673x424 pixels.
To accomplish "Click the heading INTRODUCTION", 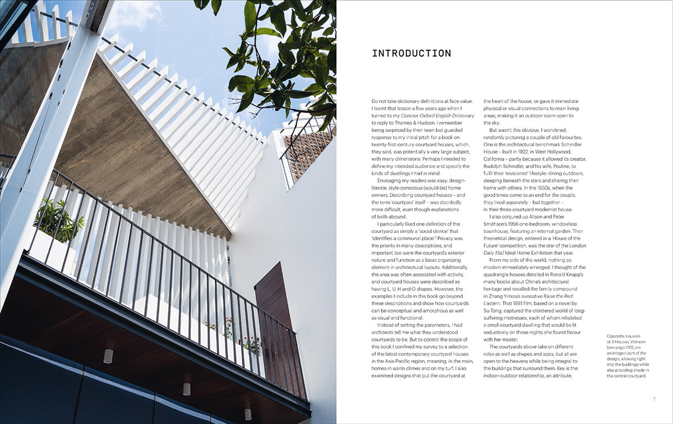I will pos(411,54).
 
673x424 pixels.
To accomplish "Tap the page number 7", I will pos(654,399).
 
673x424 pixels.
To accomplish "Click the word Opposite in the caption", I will pos(617,336).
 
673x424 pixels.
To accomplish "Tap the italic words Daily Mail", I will pos(495,253).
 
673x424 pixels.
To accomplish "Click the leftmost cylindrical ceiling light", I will pos(108,356).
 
